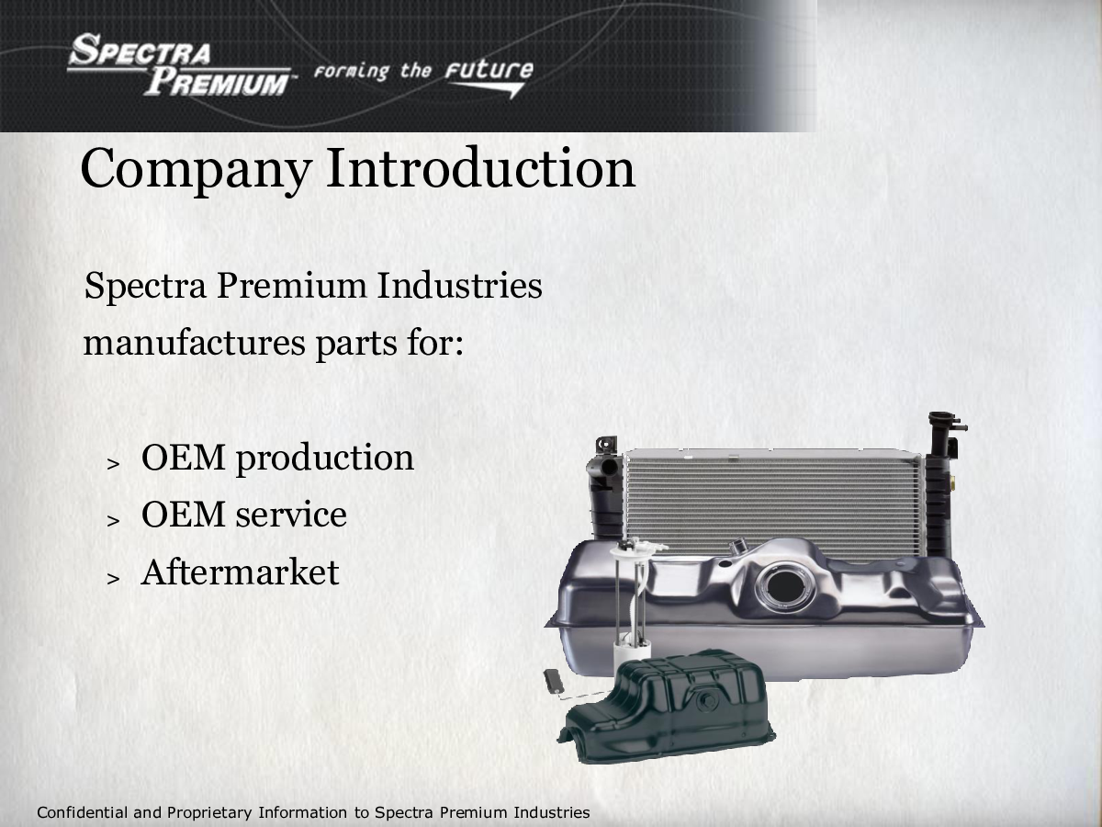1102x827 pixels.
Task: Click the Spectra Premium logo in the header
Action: coord(181,64)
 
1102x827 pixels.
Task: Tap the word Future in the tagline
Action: coord(489,71)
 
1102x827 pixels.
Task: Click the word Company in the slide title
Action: coord(196,170)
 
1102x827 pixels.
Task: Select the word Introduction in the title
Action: coord(481,168)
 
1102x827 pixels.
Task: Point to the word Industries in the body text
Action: coord(459,285)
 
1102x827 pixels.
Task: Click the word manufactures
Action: coord(195,344)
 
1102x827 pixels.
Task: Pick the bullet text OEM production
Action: coord(277,459)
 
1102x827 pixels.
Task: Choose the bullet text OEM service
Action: coord(244,515)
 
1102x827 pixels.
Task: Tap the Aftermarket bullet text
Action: coord(240,572)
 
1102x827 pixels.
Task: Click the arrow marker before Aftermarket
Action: coord(114,579)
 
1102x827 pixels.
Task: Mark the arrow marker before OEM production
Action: coord(114,464)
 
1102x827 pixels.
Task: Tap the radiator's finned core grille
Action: coord(773,502)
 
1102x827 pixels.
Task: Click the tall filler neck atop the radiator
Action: coord(942,433)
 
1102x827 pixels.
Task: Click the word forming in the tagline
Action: coord(352,72)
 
